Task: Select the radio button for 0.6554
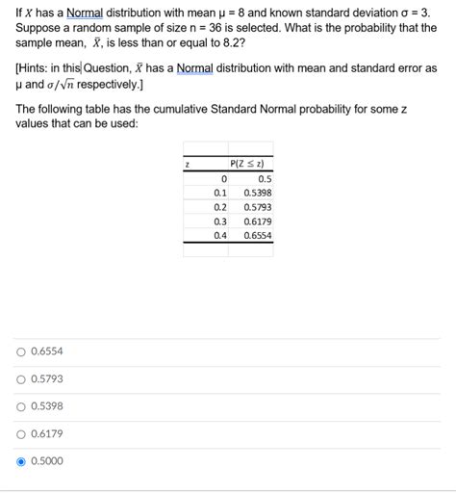tap(21, 351)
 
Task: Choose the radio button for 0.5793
tap(21, 378)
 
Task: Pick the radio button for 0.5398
tap(21, 405)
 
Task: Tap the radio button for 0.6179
tap(21, 433)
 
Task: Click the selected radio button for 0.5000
tap(21, 461)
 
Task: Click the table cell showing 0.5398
tap(257, 193)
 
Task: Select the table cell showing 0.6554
tap(257, 234)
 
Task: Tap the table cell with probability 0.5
tap(265, 178)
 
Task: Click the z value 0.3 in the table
tap(220, 221)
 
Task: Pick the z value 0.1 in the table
tap(220, 193)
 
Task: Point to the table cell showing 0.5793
tap(257, 206)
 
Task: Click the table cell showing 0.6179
tap(257, 221)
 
